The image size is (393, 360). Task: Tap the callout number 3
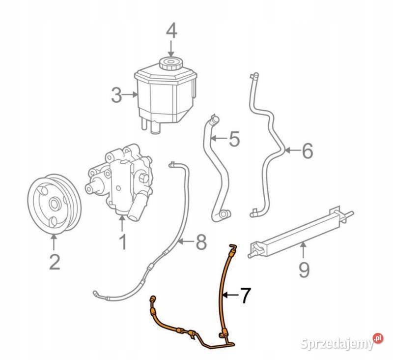[116, 95]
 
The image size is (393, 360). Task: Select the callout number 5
[234, 139]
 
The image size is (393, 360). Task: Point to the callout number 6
[308, 150]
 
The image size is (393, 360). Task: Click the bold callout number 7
[245, 295]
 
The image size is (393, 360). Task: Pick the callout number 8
[201, 242]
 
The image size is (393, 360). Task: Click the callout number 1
[123, 242]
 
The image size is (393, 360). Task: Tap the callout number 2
[55, 262]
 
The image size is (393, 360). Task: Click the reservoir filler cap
[170, 63]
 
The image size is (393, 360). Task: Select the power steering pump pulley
[54, 204]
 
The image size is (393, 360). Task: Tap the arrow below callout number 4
[171, 48]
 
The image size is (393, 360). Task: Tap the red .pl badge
[378, 338]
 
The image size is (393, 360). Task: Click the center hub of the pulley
[54, 204]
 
